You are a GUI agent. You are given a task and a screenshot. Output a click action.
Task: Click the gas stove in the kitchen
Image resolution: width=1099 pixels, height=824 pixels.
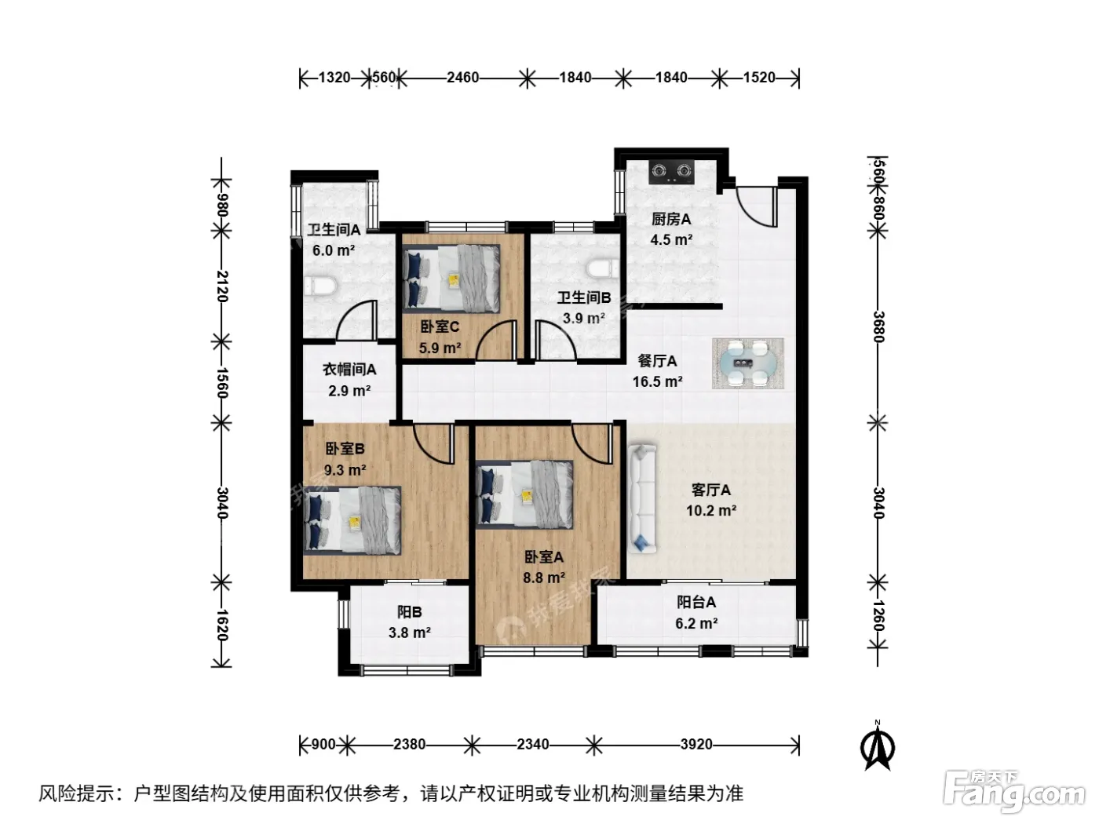[x=672, y=172]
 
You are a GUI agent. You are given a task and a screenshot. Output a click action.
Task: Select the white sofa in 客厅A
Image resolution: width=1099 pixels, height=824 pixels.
[x=642, y=498]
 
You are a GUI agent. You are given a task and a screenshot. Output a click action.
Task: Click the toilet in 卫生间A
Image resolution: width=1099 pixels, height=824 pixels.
[x=320, y=286]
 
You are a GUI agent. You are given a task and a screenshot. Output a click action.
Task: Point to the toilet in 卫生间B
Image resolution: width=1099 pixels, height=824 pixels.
[x=604, y=270]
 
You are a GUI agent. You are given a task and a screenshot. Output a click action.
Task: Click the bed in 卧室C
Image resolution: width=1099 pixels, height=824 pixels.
[x=451, y=279]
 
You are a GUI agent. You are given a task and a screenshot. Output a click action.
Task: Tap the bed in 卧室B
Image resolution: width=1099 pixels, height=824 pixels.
[x=352, y=520]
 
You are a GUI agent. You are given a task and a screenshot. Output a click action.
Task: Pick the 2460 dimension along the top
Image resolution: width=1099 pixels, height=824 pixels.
[x=462, y=78]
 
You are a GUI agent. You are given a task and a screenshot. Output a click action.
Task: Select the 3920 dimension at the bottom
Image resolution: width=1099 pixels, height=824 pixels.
[x=696, y=744]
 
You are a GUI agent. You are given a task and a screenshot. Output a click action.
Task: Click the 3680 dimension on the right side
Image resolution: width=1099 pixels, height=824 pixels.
[x=878, y=326]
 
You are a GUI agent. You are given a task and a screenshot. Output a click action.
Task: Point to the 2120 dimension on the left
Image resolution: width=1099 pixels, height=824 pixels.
[x=223, y=286]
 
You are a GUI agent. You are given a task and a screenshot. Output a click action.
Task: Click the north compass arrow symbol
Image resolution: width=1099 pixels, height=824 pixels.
[x=878, y=748]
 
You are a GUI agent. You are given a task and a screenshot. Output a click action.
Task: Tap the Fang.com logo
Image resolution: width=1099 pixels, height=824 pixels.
[x=1014, y=791]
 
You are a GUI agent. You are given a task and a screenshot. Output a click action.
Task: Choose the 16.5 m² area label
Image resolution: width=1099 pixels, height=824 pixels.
[x=657, y=381]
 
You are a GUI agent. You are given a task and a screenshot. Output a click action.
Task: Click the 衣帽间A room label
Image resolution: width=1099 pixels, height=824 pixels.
[x=349, y=369]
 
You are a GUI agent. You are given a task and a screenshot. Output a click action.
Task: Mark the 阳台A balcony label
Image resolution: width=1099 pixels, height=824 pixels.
[x=696, y=602]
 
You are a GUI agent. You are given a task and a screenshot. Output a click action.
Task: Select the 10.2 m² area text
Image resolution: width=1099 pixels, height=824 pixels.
[x=711, y=510]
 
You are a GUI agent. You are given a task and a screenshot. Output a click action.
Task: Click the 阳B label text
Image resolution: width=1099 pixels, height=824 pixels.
[x=410, y=611]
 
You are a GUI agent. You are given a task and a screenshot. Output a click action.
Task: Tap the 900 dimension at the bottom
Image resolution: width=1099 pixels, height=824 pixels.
[x=323, y=744]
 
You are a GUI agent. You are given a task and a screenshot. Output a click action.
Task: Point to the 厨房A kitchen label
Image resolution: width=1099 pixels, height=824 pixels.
[x=671, y=219]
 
